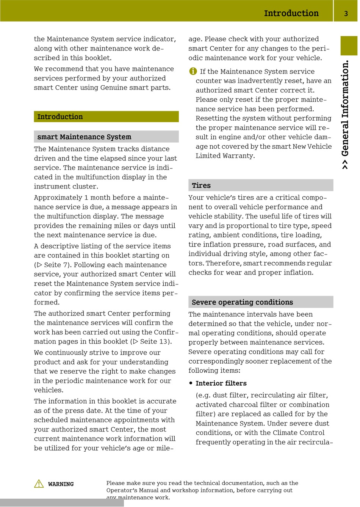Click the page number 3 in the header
click(346, 14)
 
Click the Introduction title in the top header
click(291, 13)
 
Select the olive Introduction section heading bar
click(106, 117)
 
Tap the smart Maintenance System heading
click(84, 137)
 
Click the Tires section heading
click(201, 185)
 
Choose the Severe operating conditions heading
click(242, 302)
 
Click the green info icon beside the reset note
click(193, 71)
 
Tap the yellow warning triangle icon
click(39, 484)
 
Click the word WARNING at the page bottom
click(61, 484)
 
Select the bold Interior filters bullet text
click(221, 383)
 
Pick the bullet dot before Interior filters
click(191, 383)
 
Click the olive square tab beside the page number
click(349, 46)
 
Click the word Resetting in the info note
click(211, 118)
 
